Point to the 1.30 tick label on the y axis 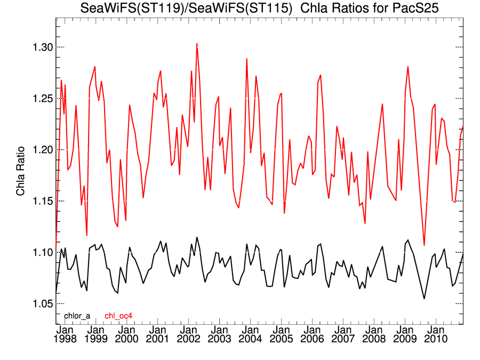click(x=40, y=47)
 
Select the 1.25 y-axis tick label click(x=40, y=99)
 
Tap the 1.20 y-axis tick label click(x=40, y=150)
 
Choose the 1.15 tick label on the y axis click(x=40, y=201)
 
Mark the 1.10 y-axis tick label click(x=40, y=252)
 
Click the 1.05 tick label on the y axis click(x=40, y=303)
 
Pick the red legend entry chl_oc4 click(x=118, y=316)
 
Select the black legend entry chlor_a click(x=77, y=316)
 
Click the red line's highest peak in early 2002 click(x=197, y=44)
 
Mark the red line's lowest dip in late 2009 click(x=425, y=245)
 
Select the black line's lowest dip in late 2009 click(x=425, y=299)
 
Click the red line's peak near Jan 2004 click(x=246, y=59)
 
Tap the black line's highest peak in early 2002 click(x=197, y=237)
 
